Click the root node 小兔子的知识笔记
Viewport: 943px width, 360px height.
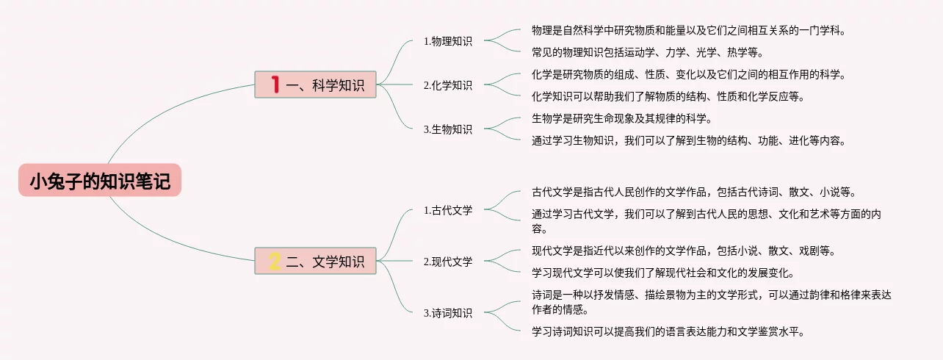[100, 181]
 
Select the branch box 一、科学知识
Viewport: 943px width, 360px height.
[316, 84]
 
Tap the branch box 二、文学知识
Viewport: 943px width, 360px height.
[316, 261]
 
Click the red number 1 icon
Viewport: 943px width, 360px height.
[275, 84]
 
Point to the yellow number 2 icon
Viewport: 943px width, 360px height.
[275, 261]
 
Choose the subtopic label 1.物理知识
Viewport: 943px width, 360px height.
[448, 41]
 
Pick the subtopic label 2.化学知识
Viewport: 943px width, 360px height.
[448, 85]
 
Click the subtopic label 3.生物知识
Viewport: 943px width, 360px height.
[448, 129]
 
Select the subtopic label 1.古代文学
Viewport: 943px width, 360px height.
[448, 210]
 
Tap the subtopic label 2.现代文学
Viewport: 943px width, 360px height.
[448, 262]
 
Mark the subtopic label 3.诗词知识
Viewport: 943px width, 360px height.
[448, 313]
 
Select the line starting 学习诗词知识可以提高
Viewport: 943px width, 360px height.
[668, 331]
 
